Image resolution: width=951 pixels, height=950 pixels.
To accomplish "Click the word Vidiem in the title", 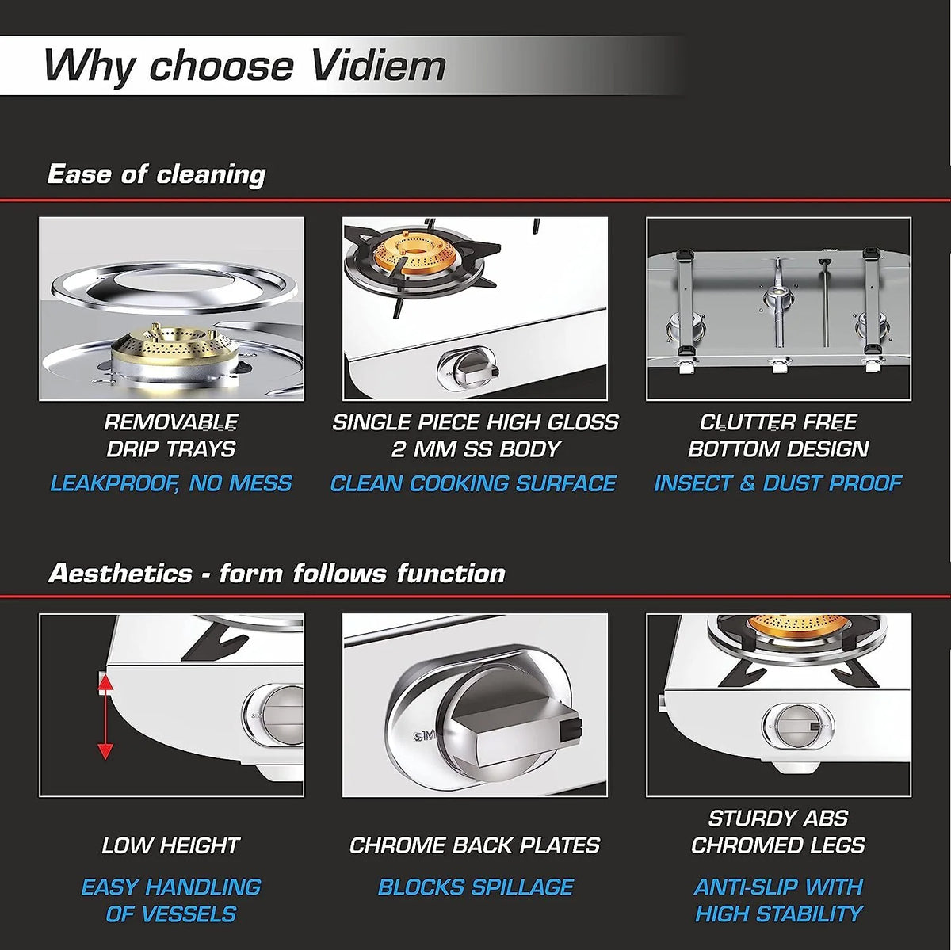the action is point(379,65).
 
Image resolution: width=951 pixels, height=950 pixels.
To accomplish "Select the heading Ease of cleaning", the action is point(156,174).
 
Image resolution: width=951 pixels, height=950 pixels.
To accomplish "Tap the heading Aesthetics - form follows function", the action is point(277,574).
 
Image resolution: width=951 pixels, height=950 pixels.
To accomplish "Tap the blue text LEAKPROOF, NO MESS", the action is point(171,483).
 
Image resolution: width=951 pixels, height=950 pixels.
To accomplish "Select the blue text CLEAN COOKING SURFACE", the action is point(473,483).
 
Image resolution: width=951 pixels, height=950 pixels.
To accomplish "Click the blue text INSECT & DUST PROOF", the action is point(778,483).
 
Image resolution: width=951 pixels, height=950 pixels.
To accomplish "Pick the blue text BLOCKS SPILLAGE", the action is point(475,887).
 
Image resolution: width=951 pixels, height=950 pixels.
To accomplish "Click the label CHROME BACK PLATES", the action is point(475,845).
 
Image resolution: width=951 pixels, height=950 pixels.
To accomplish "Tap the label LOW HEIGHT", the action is point(170,845).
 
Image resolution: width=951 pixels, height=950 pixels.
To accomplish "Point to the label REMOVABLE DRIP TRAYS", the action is point(171,435).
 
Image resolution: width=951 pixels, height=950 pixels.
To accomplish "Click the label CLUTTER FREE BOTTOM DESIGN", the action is point(778,435).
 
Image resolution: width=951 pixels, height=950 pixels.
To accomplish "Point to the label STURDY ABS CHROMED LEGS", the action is point(778,832).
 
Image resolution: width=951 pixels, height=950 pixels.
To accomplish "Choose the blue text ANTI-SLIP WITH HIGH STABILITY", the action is point(779,900).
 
